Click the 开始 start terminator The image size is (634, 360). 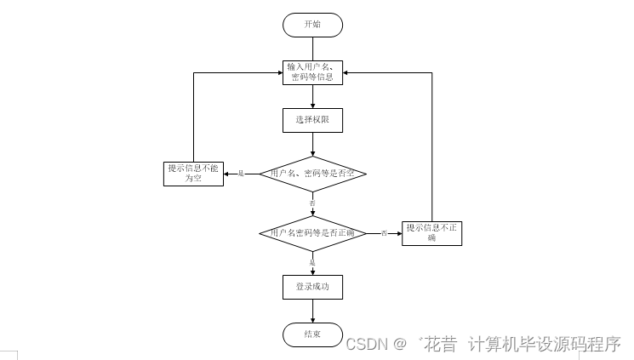pos(312,25)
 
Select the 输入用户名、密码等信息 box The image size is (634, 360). pos(312,72)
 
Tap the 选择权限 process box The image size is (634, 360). pos(312,120)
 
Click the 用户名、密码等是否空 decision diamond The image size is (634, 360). pos(312,174)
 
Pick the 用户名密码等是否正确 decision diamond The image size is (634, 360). pos(312,232)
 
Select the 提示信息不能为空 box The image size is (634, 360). pos(193,174)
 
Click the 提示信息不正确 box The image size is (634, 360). pos(431,232)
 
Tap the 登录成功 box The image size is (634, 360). pos(312,287)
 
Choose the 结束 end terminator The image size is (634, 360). pos(312,334)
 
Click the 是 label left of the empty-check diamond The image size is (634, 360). pos(241,174)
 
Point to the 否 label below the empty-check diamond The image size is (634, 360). pos(312,203)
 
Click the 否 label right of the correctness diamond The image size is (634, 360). pos(384,232)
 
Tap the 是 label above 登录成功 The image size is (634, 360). pos(312,263)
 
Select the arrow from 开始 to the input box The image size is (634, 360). pos(312,49)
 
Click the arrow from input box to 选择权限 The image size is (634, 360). pos(312,96)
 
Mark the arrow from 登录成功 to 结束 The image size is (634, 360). pos(312,311)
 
